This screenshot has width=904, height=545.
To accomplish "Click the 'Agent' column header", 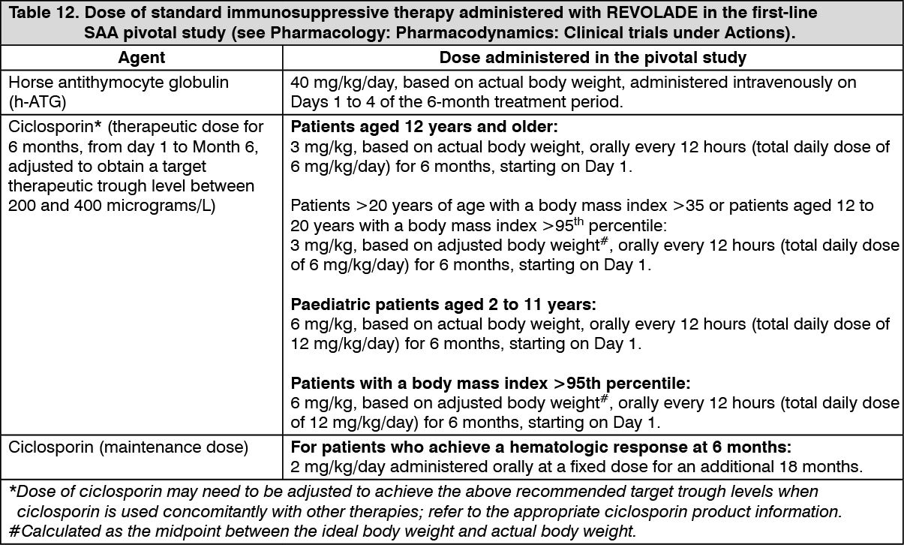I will tap(142, 59).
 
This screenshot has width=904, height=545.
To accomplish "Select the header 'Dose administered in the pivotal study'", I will tap(593, 59).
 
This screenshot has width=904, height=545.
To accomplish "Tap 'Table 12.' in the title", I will tap(41, 14).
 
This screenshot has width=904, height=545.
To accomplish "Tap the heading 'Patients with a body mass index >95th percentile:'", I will tap(489, 384).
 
